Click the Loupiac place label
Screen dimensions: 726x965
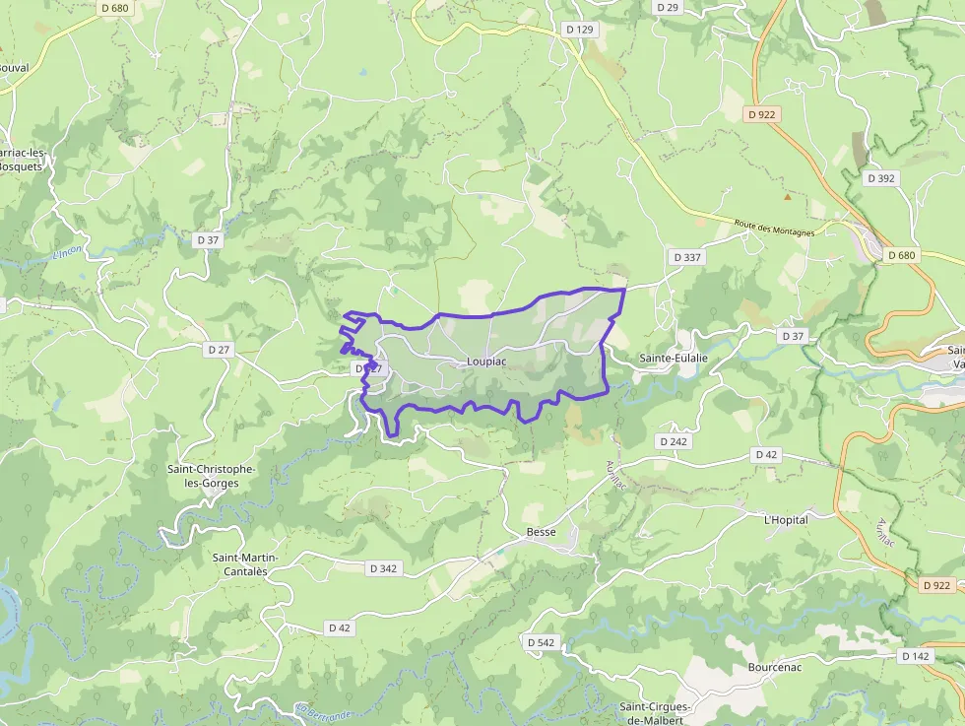coord(486,362)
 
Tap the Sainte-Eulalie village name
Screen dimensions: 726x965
coord(674,359)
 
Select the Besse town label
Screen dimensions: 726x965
coord(542,532)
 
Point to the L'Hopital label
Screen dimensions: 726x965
coord(786,519)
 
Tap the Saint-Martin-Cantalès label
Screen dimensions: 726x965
coord(246,564)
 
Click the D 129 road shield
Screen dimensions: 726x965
coord(580,30)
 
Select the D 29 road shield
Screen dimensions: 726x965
coord(668,7)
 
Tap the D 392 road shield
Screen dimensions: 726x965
coord(881,178)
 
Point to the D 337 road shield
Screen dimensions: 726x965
coord(686,257)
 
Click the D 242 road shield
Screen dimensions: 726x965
coord(674,441)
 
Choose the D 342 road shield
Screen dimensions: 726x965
coord(383,568)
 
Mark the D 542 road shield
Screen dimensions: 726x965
coord(541,642)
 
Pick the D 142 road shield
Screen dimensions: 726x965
coord(915,656)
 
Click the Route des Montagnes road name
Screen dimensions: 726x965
coord(775,228)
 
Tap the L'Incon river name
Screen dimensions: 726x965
coord(66,252)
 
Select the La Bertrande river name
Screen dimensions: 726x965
coord(322,711)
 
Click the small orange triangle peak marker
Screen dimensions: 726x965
coord(787,196)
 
